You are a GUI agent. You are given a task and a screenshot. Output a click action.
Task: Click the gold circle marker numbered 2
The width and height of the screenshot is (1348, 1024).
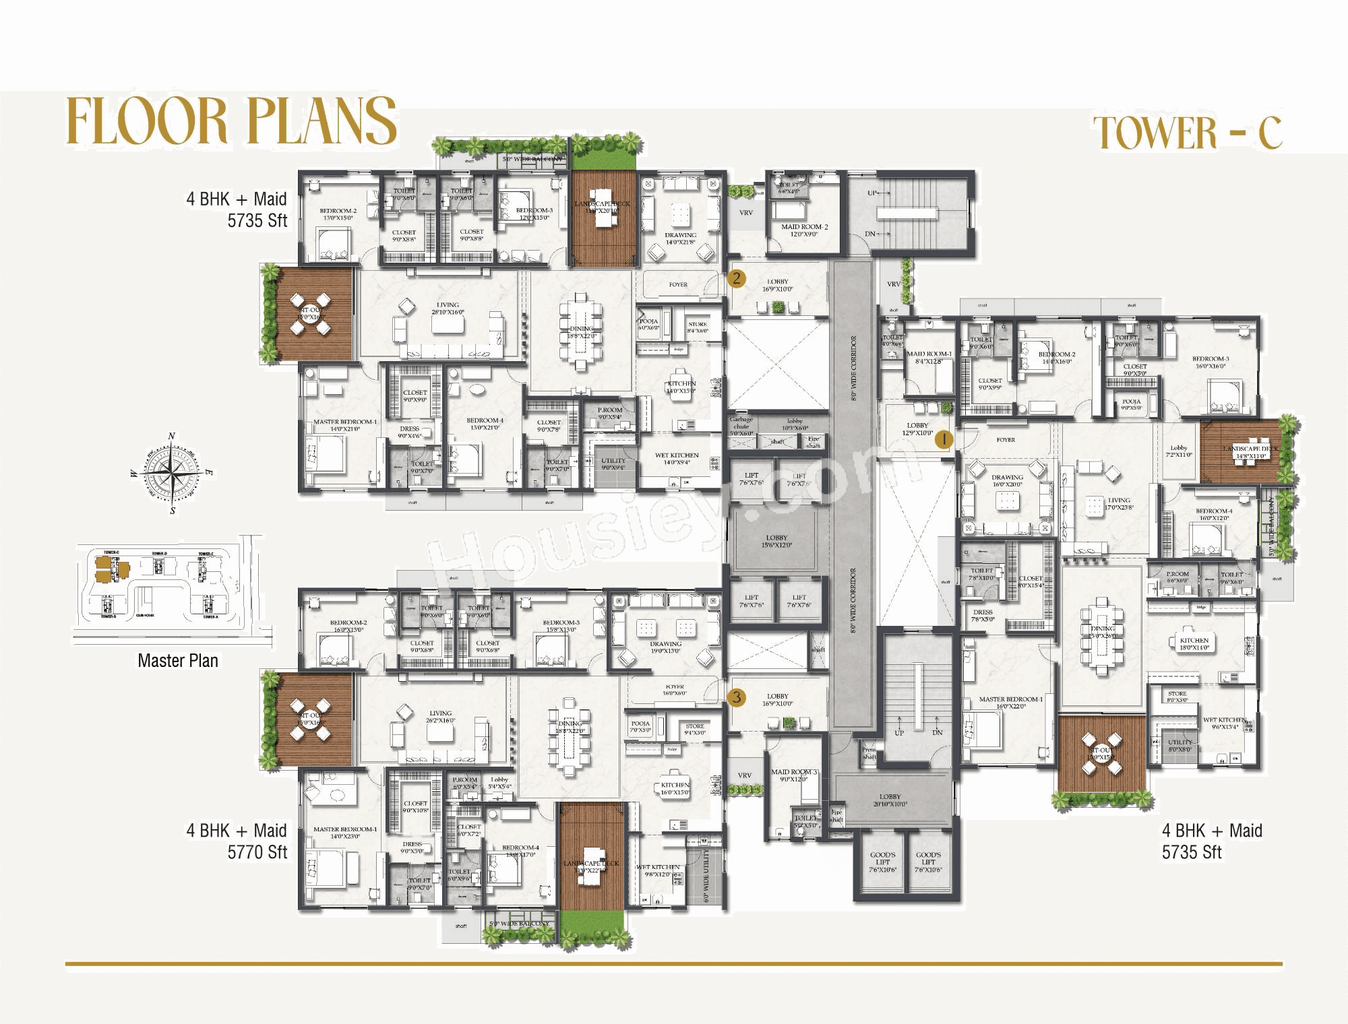click(736, 278)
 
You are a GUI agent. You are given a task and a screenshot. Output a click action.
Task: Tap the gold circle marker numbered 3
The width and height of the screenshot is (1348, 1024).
click(736, 697)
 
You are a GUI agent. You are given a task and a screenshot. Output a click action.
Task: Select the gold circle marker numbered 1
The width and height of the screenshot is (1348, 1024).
click(944, 439)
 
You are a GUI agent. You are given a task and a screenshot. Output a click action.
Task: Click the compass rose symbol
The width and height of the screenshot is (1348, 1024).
click(173, 473)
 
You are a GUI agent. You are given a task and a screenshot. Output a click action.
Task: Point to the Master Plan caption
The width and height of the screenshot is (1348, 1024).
click(178, 661)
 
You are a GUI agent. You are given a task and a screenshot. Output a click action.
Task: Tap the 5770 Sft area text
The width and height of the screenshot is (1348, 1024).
click(257, 852)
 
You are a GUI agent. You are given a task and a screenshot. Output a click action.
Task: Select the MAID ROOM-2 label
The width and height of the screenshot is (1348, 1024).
click(804, 230)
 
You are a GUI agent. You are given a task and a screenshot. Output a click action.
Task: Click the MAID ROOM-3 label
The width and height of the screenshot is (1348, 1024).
click(794, 775)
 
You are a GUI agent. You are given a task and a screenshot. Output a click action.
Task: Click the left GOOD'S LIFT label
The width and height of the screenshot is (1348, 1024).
click(882, 862)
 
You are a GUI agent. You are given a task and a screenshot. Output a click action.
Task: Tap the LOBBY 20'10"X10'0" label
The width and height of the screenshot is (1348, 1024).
click(890, 800)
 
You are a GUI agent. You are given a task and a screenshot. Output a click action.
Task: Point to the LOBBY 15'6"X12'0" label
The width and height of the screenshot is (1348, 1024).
click(776, 541)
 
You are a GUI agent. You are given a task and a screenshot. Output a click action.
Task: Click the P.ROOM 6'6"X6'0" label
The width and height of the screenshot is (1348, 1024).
click(1177, 577)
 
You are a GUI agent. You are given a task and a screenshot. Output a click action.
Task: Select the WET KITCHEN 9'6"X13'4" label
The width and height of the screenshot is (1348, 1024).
click(1225, 723)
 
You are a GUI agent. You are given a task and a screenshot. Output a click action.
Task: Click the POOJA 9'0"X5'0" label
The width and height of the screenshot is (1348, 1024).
click(1131, 404)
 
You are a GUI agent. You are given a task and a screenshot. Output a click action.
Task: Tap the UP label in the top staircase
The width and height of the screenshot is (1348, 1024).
click(872, 193)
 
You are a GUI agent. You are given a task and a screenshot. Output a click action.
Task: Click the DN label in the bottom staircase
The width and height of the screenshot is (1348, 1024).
click(938, 732)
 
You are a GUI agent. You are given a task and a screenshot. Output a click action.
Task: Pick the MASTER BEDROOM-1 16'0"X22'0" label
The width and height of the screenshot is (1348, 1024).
click(1010, 703)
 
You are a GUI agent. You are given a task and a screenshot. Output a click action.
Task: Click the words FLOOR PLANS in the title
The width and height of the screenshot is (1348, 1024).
click(231, 121)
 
